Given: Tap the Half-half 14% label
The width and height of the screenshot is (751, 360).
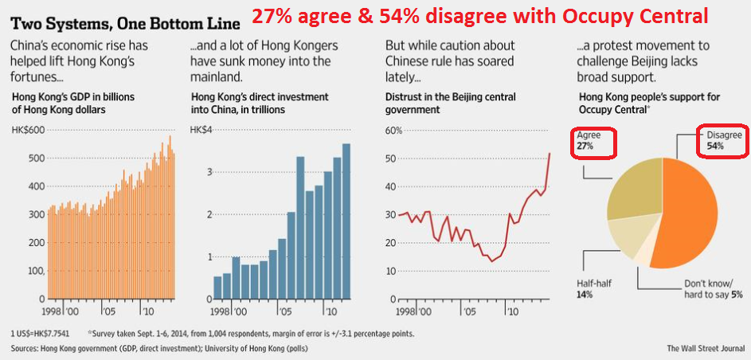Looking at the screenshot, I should (x=593, y=288).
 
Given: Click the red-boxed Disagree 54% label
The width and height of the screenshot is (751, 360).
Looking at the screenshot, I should (x=722, y=141).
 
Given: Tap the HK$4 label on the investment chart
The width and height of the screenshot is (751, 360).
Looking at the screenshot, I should (x=201, y=130).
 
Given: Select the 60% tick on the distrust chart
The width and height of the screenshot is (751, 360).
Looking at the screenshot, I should (x=395, y=130).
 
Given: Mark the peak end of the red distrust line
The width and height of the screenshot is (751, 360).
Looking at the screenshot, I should (x=550, y=153).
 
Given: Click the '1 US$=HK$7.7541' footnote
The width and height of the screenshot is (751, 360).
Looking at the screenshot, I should (x=40, y=333).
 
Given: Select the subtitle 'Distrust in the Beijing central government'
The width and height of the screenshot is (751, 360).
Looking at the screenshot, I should (x=450, y=103).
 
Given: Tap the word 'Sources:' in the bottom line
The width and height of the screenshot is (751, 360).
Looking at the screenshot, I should (x=25, y=348).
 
